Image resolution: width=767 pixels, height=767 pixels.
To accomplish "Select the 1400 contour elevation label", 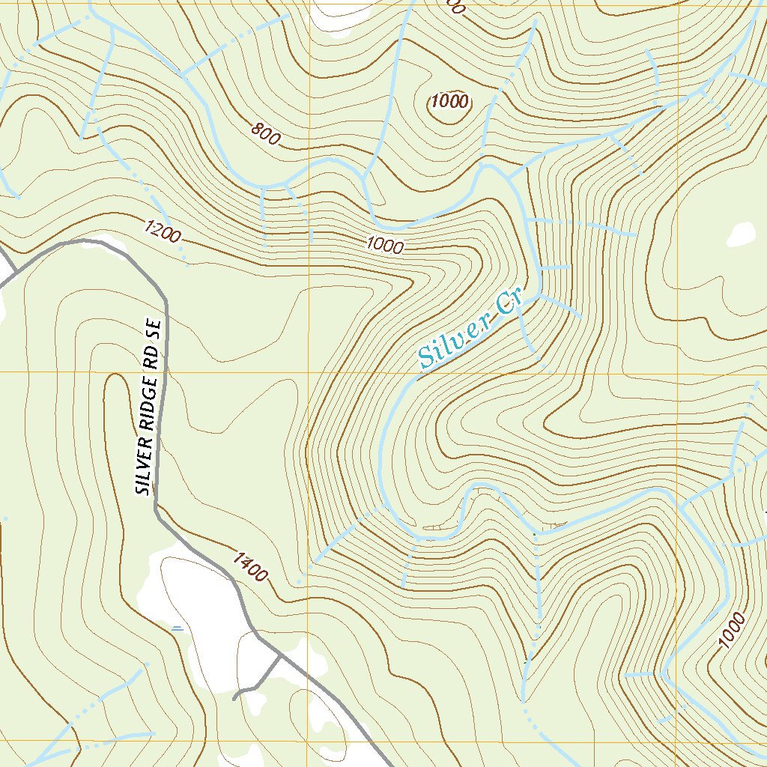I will (249, 567).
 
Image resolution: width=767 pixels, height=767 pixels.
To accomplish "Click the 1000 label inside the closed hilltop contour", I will (449, 102).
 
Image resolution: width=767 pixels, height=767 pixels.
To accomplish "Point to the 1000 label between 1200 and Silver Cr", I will (385, 245).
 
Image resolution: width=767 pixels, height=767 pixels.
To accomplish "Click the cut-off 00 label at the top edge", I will (455, 7).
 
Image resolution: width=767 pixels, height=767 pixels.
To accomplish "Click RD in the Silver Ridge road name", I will (153, 357).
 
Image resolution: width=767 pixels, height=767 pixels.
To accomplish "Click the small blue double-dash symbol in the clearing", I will (178, 628).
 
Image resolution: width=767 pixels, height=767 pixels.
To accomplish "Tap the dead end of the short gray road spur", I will (235, 698).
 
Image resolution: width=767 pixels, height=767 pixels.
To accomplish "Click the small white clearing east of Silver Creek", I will (741, 234).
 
